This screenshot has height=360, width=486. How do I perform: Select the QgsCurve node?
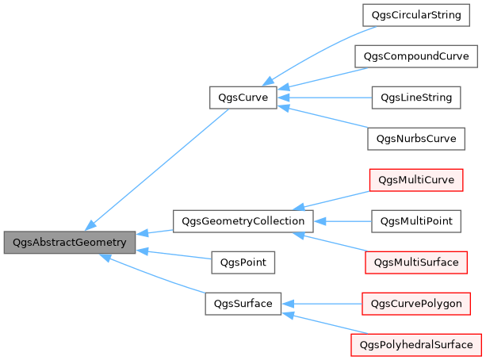243,98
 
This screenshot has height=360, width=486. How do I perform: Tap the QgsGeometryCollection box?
243,220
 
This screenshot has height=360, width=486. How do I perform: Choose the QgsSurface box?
243,303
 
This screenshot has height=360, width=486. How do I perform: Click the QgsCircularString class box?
416,15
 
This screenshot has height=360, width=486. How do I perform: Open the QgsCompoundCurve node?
416,56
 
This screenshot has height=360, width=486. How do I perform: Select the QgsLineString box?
416,98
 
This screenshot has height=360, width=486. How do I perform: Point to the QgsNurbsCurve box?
416,139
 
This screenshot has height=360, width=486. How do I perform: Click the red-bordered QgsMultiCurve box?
416,180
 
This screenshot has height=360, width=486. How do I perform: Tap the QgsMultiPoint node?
416,220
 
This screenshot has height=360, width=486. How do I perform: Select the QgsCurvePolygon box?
416,303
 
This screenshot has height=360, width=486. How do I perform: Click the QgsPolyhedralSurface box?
416,344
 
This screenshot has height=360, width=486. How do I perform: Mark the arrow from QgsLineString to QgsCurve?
324,98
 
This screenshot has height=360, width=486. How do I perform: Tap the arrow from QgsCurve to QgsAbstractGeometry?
159,167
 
